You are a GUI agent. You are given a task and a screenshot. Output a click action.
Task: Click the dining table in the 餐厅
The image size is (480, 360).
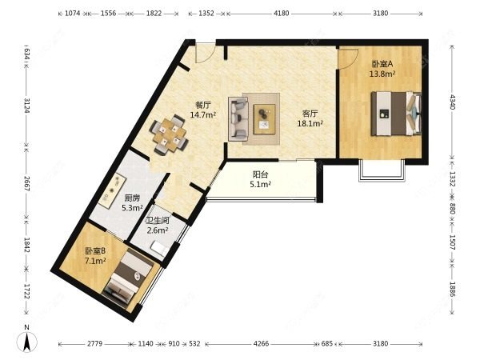169,134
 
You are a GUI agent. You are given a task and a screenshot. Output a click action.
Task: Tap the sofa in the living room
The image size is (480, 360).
238,119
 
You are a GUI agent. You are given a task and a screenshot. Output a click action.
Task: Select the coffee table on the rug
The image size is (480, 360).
265,119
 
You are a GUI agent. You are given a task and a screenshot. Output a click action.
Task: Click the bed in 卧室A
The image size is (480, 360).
396,114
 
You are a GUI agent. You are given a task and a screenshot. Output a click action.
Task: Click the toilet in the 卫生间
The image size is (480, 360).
161,248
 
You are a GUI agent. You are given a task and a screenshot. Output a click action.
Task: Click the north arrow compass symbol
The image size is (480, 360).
27,341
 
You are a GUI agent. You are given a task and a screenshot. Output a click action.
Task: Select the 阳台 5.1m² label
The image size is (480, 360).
260,179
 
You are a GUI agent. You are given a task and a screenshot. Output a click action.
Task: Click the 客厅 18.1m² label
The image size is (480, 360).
310,118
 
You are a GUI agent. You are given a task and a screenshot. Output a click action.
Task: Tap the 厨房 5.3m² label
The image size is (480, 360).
132,203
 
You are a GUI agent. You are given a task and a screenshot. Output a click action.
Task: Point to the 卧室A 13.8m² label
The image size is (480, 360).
382,69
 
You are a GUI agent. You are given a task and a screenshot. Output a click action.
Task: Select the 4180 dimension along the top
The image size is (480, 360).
281,14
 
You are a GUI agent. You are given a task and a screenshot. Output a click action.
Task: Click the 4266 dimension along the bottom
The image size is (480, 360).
261,344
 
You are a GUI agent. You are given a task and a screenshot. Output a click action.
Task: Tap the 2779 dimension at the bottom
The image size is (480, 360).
94,344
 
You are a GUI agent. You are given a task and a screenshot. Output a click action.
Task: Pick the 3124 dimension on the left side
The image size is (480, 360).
26,106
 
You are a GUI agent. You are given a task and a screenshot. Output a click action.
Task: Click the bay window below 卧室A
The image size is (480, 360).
382,171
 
